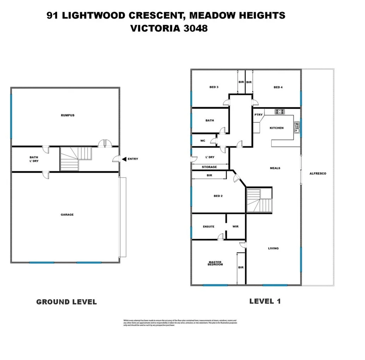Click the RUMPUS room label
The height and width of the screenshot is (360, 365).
(67, 115)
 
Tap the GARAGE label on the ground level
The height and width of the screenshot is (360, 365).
(67, 215)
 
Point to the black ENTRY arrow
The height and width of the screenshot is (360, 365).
(124, 159)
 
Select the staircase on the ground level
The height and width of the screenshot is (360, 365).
(76, 159)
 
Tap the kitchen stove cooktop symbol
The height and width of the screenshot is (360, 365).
(280, 112)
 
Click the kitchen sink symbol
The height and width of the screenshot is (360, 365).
(297, 127)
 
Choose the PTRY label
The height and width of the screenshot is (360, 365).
(258, 115)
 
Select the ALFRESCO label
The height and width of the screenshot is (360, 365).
(318, 173)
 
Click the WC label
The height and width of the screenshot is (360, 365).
(203, 141)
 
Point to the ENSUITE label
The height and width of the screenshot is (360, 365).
(208, 227)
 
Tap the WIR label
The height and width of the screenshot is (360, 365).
(235, 227)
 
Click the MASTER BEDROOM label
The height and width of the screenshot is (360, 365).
(215, 263)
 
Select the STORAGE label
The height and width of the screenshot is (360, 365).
(210, 167)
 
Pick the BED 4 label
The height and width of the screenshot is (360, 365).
(278, 87)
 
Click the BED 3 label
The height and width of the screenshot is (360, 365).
(214, 87)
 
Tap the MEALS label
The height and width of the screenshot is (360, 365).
(275, 168)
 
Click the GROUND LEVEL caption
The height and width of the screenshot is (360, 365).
(67, 302)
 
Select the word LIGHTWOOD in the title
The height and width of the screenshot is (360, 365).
(92, 15)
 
